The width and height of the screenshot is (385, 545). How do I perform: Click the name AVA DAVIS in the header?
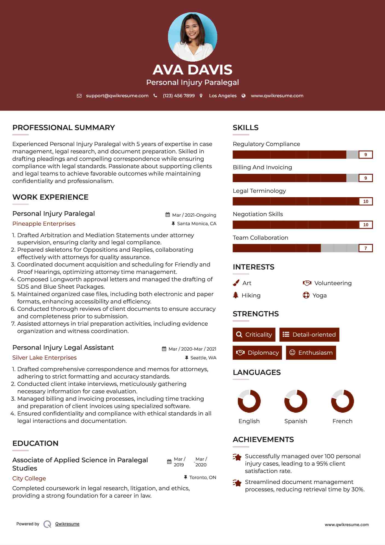coord(192,70)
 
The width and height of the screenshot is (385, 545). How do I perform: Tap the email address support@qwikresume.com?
coord(117,96)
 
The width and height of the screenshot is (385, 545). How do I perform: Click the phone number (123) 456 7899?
coord(179,96)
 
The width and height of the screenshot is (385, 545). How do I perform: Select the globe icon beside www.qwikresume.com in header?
coord(244,96)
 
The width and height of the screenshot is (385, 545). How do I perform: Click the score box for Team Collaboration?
coord(366,248)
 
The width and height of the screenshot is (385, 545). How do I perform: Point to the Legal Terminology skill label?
coord(259,191)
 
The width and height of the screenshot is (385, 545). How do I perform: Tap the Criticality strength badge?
coord(254,335)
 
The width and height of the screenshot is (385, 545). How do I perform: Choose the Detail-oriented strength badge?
coord(309,335)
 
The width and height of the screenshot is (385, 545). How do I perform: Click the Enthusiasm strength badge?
coord(311,353)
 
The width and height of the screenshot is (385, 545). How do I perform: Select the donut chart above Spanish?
coord(296,401)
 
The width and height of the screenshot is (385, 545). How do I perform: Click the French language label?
coord(342,421)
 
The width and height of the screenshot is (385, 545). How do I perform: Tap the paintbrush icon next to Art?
coord(236,283)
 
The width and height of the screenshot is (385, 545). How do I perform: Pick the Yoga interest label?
coord(320,296)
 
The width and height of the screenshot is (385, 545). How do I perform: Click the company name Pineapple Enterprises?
coord(44,224)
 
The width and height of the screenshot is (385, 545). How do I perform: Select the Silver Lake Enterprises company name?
coord(44,358)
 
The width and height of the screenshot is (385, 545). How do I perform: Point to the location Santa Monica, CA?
coord(196,224)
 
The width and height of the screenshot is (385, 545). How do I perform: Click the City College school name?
coord(29,478)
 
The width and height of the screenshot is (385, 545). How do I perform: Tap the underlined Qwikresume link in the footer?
coord(67,524)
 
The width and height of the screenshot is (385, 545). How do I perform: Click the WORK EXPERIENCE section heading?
coord(50,197)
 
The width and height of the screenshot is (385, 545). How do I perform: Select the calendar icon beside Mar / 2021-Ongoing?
coord(168,215)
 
